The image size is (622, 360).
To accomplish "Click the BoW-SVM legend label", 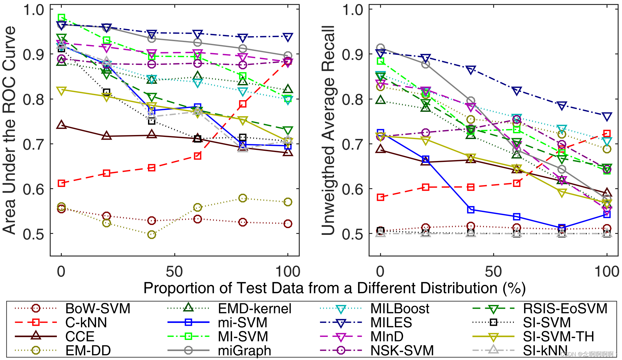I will [98, 309].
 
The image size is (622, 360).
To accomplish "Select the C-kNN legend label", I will [86, 323].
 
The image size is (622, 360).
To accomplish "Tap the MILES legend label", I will [391, 323].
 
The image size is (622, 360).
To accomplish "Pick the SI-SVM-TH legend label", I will [558, 337].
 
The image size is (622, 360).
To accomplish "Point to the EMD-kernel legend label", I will [255, 309].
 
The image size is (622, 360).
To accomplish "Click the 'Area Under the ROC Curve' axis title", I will [9, 130].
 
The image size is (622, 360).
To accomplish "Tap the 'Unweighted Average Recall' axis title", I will [328, 130].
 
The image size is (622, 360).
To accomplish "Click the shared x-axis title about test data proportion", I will [334, 288].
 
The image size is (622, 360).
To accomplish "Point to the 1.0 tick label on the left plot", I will [34, 10].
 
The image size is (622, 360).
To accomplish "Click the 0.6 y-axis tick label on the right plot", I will [353, 189].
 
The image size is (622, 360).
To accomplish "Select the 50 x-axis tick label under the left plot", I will [175, 272].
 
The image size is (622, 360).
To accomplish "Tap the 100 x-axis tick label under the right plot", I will [607, 272].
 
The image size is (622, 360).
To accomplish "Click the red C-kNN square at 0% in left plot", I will [61, 183].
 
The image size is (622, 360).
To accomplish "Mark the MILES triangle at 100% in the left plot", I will [288, 37].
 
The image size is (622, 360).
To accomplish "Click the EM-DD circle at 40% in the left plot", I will [151, 235].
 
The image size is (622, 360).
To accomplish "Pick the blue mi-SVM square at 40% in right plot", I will [471, 210].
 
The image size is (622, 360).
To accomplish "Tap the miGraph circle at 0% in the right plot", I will [380, 48].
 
